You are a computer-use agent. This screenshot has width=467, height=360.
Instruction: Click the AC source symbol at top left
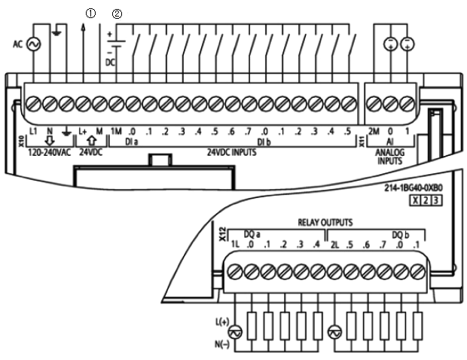pos(33,44)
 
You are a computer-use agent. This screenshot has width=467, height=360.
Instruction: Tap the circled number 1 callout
pos(91,14)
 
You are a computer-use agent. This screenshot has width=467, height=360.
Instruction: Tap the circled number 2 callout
pos(117,14)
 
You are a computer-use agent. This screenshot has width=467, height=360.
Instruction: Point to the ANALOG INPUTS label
pos(390,155)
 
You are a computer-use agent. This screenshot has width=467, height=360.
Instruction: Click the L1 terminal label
pos(33,132)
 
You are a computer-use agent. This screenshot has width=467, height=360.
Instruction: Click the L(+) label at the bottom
pos(221,322)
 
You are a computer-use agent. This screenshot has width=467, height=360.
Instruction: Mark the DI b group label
pos(264,141)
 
